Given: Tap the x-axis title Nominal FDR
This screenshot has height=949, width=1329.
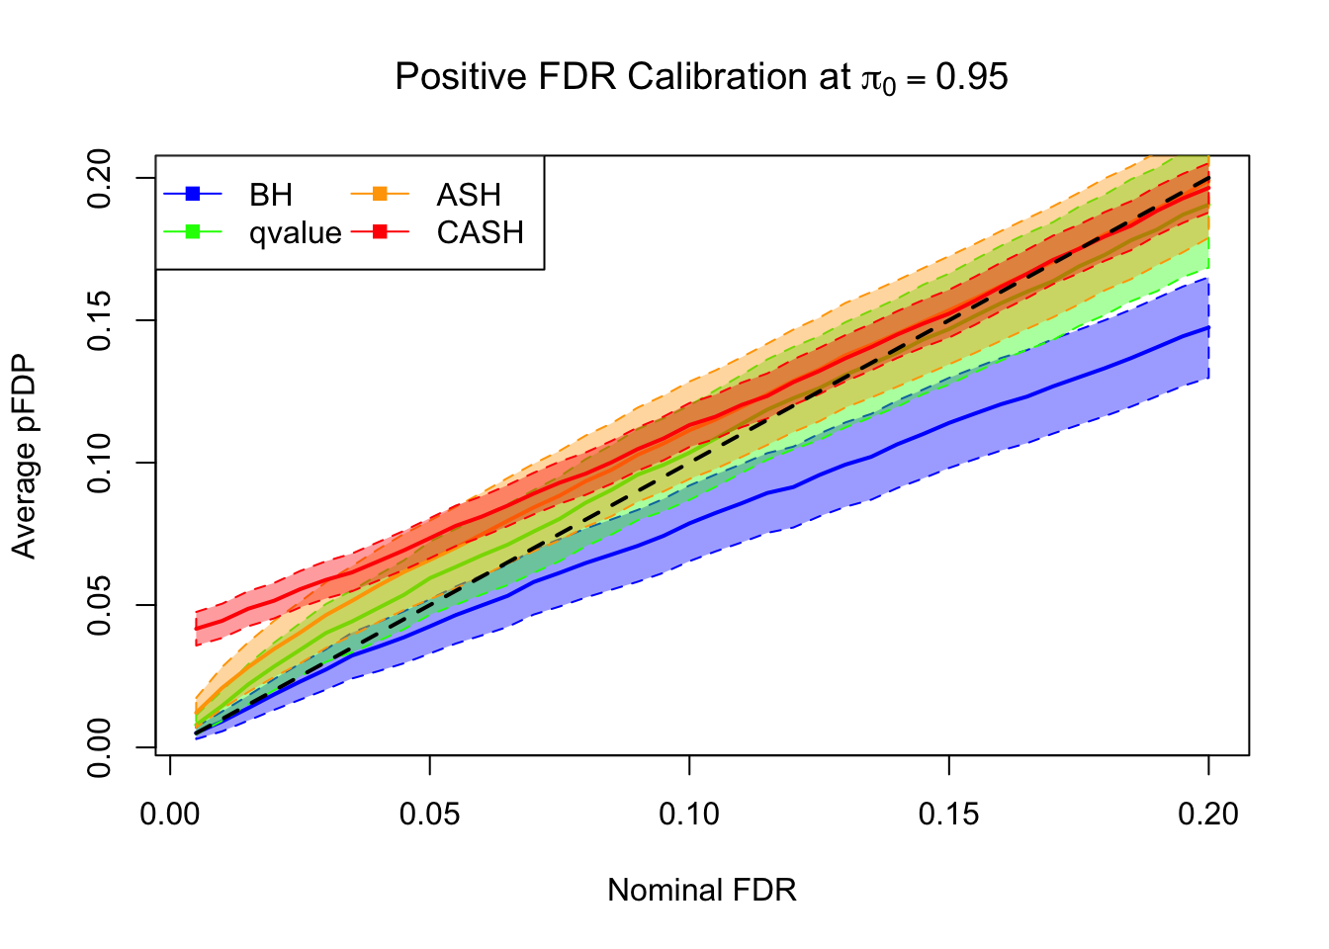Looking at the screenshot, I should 701,890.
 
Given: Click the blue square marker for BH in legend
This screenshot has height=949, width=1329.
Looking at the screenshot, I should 194,194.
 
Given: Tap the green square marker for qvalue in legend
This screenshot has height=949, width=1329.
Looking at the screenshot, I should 194,231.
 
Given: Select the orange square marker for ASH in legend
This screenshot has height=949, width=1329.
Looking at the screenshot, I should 381,194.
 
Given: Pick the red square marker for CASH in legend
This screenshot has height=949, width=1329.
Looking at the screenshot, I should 381,231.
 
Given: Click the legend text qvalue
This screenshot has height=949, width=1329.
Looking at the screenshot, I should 295,233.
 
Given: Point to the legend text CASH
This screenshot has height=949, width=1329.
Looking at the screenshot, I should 480,232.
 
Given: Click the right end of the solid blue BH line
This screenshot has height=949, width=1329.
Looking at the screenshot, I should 1208,327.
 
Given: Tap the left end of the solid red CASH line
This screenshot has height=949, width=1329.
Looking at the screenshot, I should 197,628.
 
